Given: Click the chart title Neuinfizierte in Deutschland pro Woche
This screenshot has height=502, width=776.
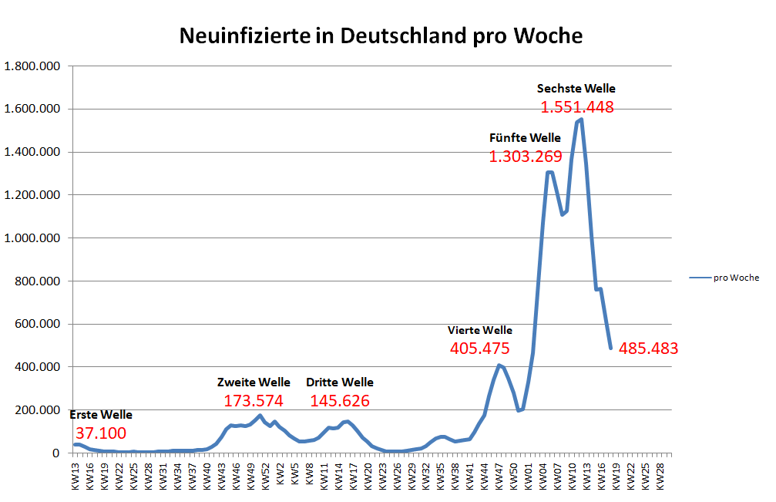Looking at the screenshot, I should click(x=381, y=36).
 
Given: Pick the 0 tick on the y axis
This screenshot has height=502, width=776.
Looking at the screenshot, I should click(x=55, y=453).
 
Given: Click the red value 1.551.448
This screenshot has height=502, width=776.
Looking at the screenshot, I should click(x=577, y=107).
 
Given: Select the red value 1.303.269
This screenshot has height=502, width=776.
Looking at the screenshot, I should click(x=526, y=157).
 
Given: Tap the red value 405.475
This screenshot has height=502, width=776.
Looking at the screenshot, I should click(x=479, y=349).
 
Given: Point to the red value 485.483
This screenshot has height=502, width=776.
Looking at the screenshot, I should click(x=648, y=349).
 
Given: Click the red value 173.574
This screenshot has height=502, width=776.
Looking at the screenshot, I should click(x=254, y=401).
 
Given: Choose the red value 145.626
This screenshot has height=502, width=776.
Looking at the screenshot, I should click(x=340, y=401).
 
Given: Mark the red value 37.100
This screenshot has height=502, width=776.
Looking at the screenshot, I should click(x=100, y=433).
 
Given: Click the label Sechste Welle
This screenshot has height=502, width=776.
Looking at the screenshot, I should click(x=576, y=88).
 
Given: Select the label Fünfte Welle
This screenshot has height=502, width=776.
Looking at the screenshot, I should click(x=525, y=138).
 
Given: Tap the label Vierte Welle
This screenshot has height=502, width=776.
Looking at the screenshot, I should click(x=479, y=330).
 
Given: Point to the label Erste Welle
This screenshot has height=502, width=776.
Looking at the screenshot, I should click(x=101, y=415).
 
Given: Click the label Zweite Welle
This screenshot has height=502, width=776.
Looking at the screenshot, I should click(x=254, y=382).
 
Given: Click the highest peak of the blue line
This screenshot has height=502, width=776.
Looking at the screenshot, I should click(x=581, y=120).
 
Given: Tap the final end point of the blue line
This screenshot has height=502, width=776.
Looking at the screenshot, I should click(x=610, y=349).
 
